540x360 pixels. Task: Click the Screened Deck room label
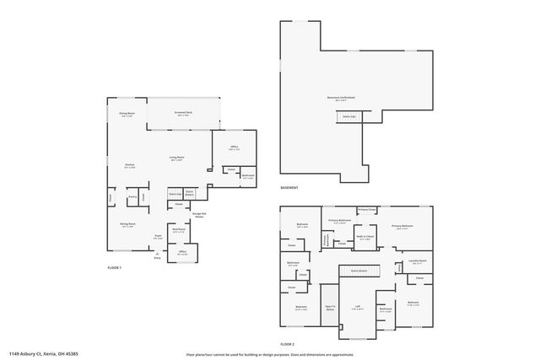pyautogui.click(x=184, y=115)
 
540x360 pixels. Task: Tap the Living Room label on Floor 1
pyautogui.click(x=176, y=159)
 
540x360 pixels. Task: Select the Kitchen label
pyautogui.click(x=130, y=165)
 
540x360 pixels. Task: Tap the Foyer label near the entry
pyautogui.click(x=158, y=236)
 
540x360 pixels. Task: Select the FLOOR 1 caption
pyautogui.click(x=115, y=268)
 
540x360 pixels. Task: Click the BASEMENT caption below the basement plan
pyautogui.click(x=289, y=188)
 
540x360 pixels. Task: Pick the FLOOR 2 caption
pyautogui.click(x=289, y=344)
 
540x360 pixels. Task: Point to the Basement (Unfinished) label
pyautogui.click(x=342, y=98)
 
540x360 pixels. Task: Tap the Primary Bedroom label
pyautogui.click(x=402, y=227)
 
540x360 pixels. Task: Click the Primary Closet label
pyautogui.click(x=366, y=209)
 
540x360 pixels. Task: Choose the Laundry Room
pyautogui.click(x=418, y=261)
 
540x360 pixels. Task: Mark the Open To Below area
pyautogui.click(x=330, y=309)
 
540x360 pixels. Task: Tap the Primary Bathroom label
pyautogui.click(x=339, y=221)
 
